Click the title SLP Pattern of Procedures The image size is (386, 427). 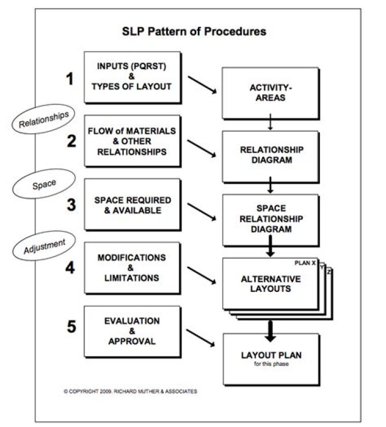click(194, 31)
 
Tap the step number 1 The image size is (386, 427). click(70, 79)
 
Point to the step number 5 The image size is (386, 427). click(71, 326)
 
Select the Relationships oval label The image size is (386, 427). click(43, 119)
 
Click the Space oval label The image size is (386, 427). click(44, 184)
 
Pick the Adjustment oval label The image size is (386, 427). click(44, 246)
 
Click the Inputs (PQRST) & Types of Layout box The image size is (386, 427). click(132, 77)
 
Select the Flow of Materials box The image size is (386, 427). click(132, 141)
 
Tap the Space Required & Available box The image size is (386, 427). click(132, 205)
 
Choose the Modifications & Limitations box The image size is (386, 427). click(132, 268)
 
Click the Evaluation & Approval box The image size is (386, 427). click(132, 332)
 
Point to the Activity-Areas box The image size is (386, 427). click(271, 93)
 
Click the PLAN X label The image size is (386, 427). click(305, 263)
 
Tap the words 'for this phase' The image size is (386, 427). click(271, 364)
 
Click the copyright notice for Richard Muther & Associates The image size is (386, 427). click(130, 391)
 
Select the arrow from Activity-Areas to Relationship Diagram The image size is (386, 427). click(270, 122)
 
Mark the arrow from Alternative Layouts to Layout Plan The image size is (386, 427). click(270, 331)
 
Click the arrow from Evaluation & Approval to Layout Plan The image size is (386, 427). click(201, 338)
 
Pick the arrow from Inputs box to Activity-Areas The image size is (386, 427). click(203, 85)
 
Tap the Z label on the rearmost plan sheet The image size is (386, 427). click(329, 272)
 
